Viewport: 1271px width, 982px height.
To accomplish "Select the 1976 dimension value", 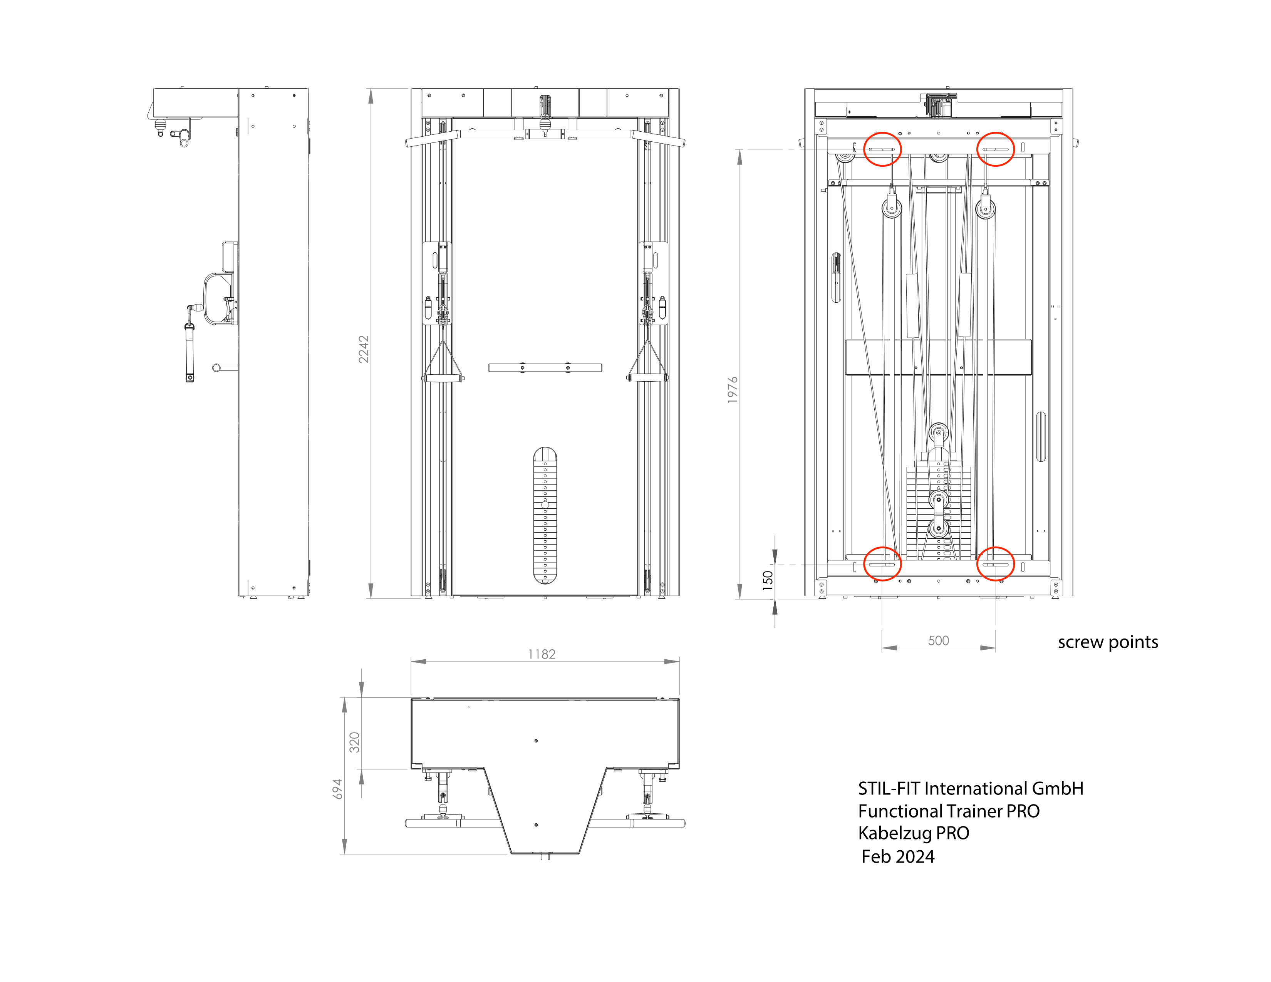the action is point(732,390).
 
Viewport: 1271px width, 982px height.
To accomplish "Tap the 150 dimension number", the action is point(768,581).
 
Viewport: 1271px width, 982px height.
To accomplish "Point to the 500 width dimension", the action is point(938,640).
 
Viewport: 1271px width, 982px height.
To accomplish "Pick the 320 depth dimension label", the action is point(354,742).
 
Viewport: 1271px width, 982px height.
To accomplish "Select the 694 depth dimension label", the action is point(337,789).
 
